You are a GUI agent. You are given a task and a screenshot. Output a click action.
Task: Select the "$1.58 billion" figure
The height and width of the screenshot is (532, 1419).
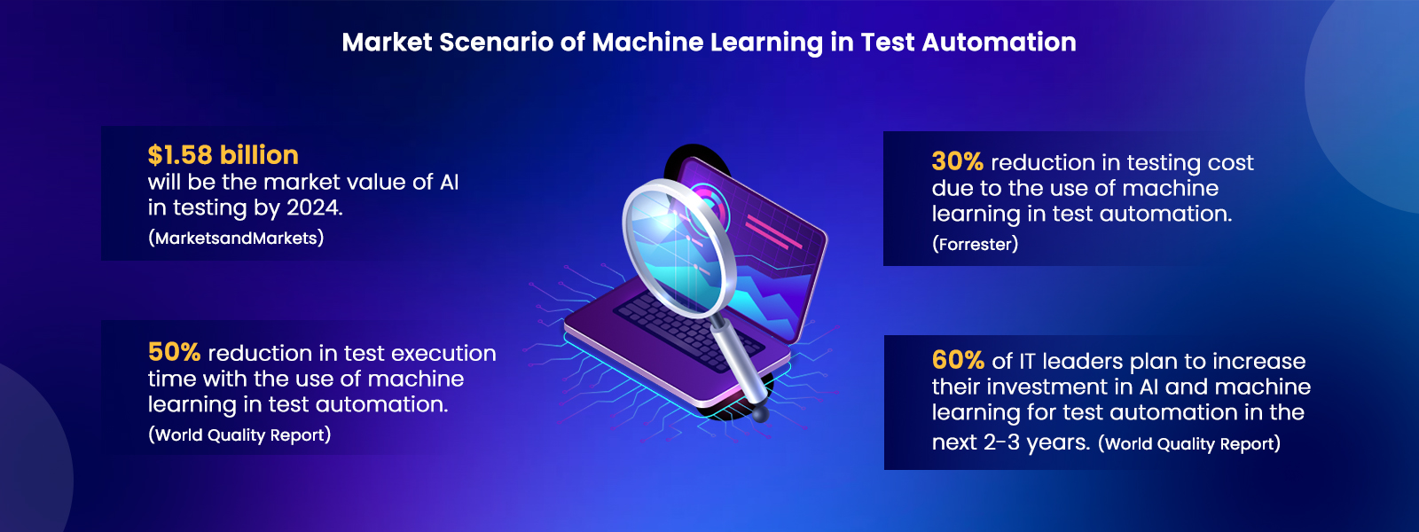click(x=223, y=155)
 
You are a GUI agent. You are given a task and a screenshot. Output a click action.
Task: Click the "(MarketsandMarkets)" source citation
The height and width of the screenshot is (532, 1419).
click(x=236, y=238)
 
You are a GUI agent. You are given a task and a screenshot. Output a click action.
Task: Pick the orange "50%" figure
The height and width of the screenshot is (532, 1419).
click(x=174, y=352)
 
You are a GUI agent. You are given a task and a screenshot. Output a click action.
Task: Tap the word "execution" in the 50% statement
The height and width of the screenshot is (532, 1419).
click(x=443, y=353)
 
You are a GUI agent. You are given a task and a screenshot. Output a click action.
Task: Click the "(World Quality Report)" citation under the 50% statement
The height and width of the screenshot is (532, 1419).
click(x=239, y=434)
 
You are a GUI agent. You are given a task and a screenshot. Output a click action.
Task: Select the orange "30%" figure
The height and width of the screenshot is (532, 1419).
click(x=957, y=161)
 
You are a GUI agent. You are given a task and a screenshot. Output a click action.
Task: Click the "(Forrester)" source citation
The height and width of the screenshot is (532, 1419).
click(x=975, y=244)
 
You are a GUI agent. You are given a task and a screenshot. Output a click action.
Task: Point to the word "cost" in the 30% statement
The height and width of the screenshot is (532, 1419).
click(x=1230, y=162)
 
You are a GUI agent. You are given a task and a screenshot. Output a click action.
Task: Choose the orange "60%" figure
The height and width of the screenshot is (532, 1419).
click(x=958, y=360)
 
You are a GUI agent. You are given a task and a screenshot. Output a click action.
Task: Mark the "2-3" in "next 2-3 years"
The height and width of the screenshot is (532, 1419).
click(x=1001, y=442)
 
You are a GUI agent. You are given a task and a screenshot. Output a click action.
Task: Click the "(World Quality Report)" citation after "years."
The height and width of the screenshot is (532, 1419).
click(x=1188, y=443)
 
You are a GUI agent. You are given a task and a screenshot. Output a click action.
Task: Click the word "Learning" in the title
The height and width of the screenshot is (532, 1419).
click(x=772, y=43)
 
